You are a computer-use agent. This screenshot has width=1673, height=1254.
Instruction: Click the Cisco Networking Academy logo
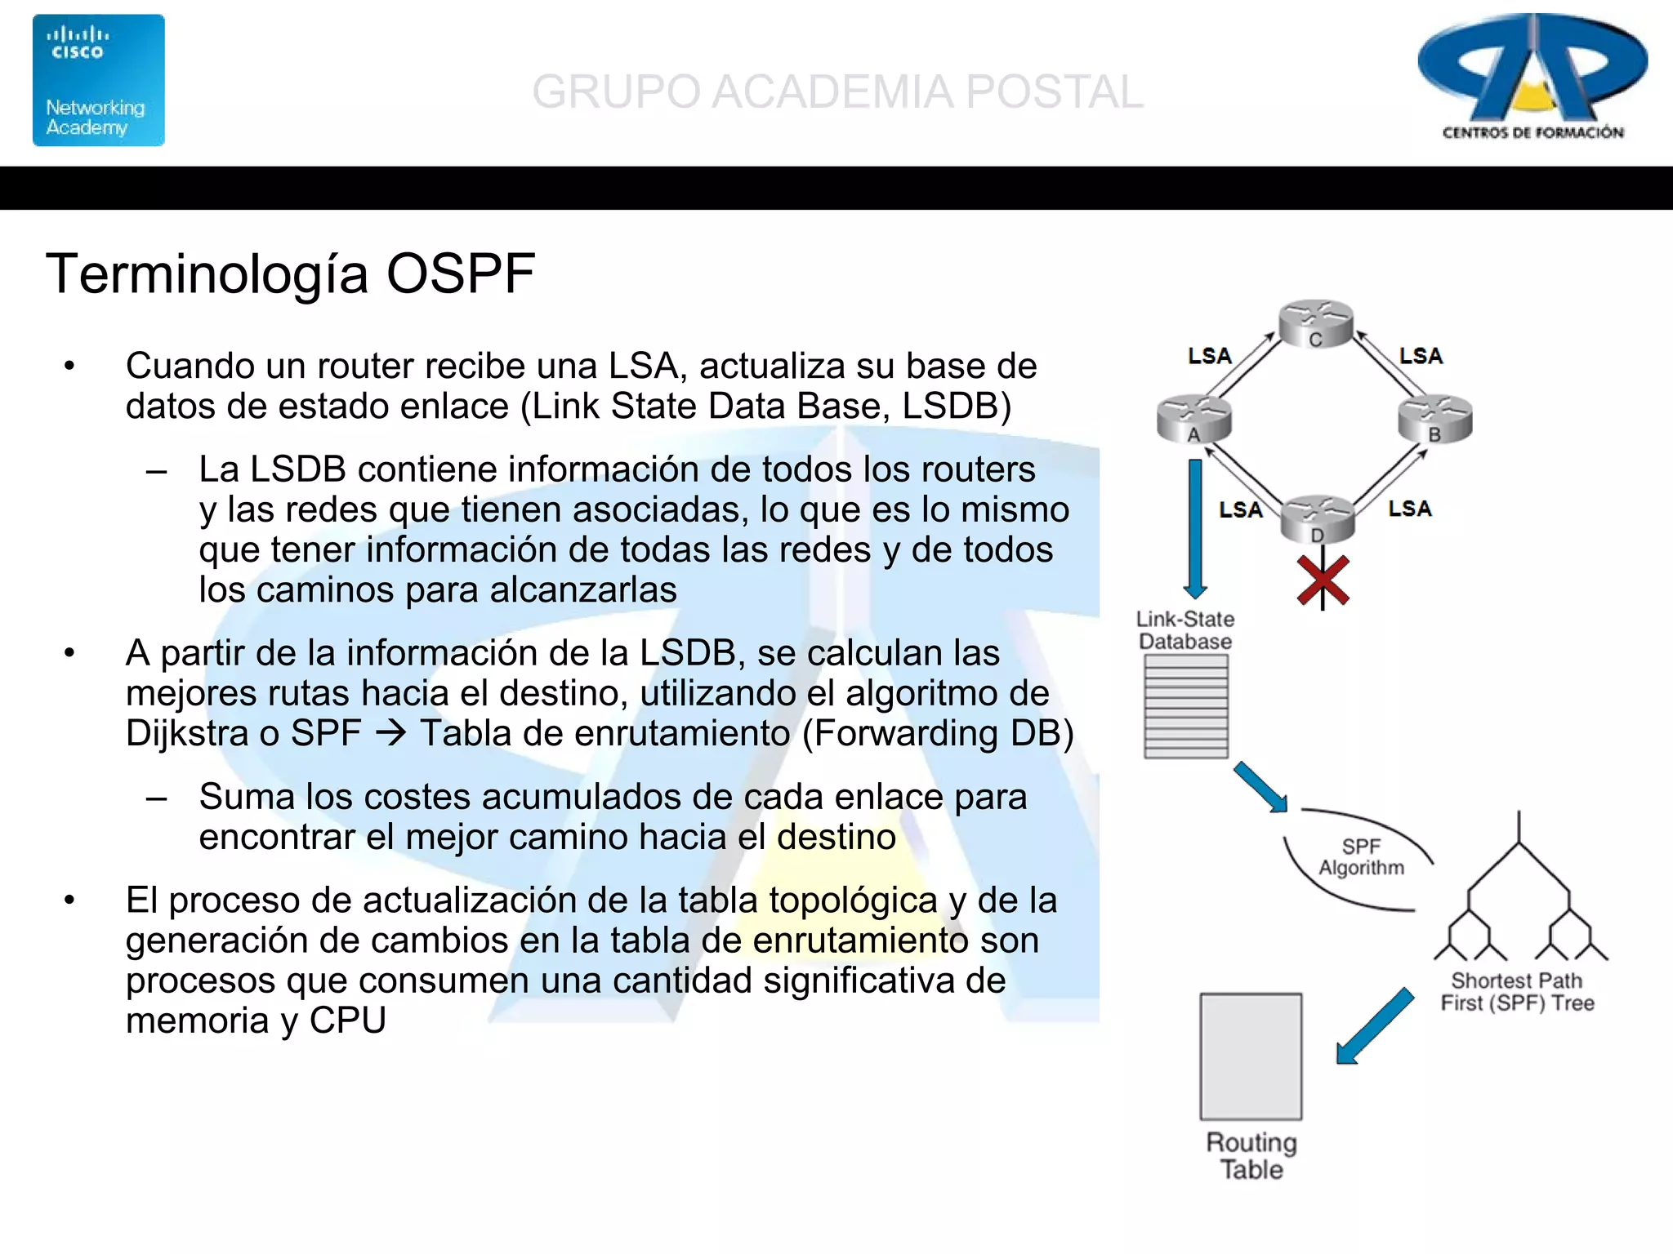coord(98,80)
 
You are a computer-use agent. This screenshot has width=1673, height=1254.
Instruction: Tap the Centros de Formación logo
coord(1532,78)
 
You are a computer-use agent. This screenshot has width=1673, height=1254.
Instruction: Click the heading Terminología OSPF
coord(290,273)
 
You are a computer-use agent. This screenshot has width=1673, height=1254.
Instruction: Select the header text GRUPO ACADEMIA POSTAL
coord(837,91)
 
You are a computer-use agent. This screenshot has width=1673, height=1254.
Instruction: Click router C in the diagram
coord(1315,323)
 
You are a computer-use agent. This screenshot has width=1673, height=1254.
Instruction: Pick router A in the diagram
coord(1193,419)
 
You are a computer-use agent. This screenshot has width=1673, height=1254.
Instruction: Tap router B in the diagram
coord(1434,419)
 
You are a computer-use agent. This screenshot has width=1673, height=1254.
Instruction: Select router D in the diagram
coord(1317,519)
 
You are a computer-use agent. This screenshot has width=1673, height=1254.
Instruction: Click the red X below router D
coord(1323,581)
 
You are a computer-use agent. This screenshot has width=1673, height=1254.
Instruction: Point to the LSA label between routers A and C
coord(1209,356)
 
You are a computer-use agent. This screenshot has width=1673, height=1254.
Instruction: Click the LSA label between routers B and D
coord(1410,509)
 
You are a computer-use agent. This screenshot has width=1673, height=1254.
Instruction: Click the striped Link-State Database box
coord(1185,707)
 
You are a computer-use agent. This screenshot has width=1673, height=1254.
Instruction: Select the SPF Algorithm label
coord(1361,857)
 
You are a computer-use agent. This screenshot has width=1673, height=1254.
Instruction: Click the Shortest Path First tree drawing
coord(1520,898)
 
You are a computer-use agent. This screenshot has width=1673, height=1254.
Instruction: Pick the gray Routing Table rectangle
coord(1251,1056)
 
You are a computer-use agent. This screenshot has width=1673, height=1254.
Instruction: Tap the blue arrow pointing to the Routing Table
coord(1375,1026)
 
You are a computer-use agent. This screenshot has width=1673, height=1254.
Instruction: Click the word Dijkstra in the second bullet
coord(185,733)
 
